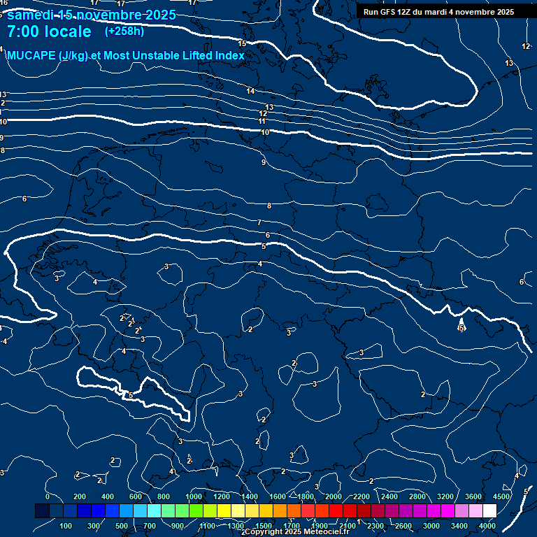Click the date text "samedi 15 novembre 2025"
pyautogui.click(x=91, y=15)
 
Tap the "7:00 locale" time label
pyautogui.click(x=49, y=31)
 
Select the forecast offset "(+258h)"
pyautogui.click(x=124, y=31)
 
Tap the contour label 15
pyautogui.click(x=242, y=43)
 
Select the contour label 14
pyautogui.click(x=250, y=91)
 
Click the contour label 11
pyautogui.click(x=262, y=122)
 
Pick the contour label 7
pyautogui.click(x=259, y=222)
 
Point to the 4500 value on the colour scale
pyautogui.click(x=501, y=496)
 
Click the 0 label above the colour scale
pyautogui.click(x=48, y=496)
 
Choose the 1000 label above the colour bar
pyautogui.click(x=194, y=496)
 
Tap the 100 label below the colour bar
pyautogui.click(x=66, y=526)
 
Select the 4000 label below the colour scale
pyautogui.click(x=488, y=526)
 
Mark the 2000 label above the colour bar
pyautogui.click(x=334, y=496)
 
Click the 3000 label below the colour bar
pyautogui.click(x=431, y=526)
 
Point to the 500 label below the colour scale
pyautogui.click(x=122, y=526)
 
